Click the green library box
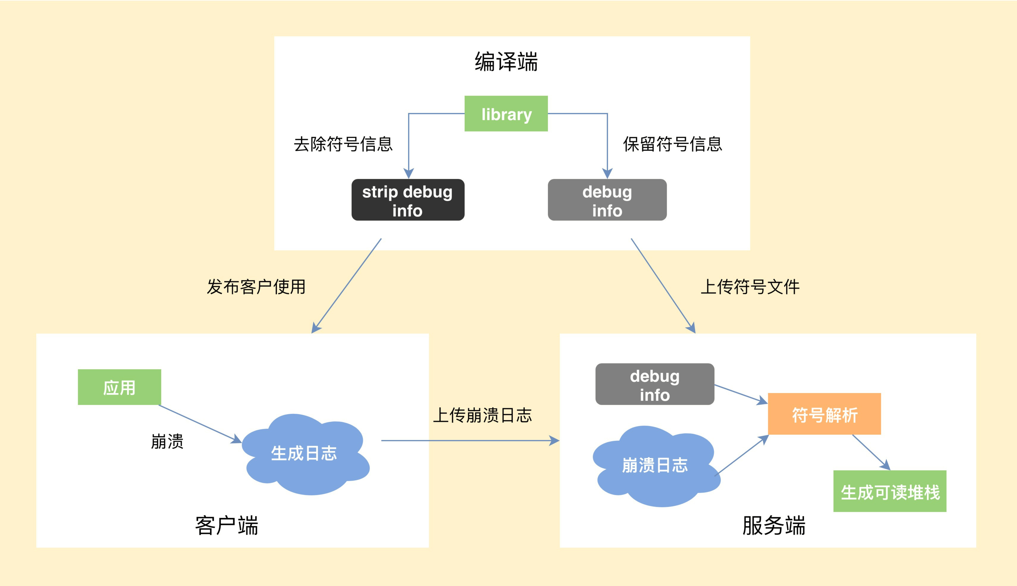(506, 114)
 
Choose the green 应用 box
(119, 387)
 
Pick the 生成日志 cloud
(304, 454)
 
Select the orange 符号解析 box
(824, 414)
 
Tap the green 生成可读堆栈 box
(890, 491)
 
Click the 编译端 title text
(506, 62)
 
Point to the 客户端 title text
(227, 526)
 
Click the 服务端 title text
(774, 526)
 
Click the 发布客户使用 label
(256, 287)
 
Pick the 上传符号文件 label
(750, 287)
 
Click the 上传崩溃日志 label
(482, 415)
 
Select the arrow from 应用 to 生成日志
(199, 423)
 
